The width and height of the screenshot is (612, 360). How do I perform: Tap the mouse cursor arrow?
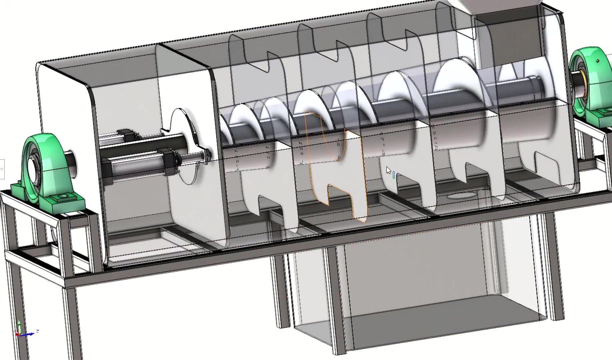pyautogui.click(x=388, y=170)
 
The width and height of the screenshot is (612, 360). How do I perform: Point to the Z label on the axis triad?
pyautogui.click(x=38, y=331)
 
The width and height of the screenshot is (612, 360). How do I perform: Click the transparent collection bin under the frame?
pyautogui.click(x=417, y=283)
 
